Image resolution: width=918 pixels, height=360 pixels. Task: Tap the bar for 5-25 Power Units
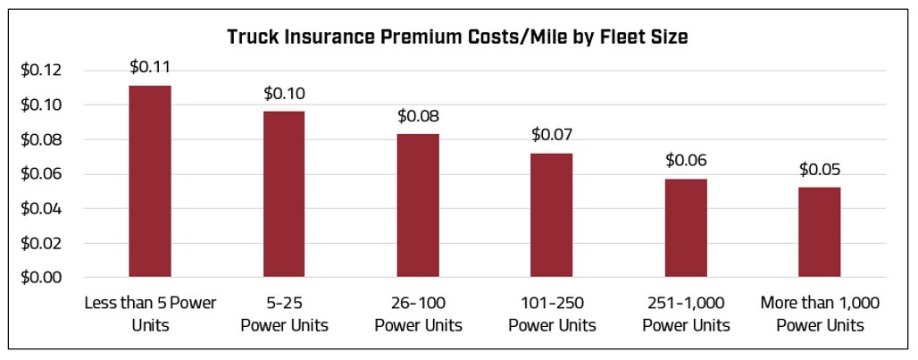click(283, 194)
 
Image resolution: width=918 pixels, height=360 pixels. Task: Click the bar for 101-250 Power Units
click(551, 215)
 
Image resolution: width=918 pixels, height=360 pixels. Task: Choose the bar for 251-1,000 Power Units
click(685, 228)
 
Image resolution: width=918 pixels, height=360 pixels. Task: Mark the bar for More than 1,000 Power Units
click(819, 232)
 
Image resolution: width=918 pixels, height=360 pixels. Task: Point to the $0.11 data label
click(149, 66)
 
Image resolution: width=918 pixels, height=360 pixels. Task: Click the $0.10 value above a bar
click(283, 92)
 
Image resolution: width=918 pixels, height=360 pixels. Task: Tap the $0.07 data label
click(551, 134)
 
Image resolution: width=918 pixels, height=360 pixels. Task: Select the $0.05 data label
click(819, 169)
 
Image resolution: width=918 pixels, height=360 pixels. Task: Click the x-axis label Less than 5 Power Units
click(149, 314)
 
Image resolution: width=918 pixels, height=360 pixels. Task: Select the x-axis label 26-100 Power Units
click(417, 314)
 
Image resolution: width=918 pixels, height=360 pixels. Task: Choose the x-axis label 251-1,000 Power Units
click(685, 314)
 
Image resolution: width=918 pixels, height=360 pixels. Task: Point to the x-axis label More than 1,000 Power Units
click(819, 314)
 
